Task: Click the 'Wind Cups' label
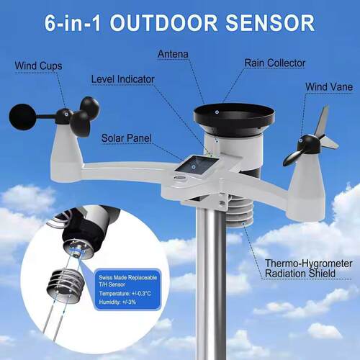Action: click(x=38, y=66)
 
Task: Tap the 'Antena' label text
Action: click(x=173, y=54)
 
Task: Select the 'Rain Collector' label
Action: click(x=275, y=63)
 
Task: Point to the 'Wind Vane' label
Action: click(x=329, y=86)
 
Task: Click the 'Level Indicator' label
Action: click(x=122, y=79)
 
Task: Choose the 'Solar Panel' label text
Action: click(x=126, y=138)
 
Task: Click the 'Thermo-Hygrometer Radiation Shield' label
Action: click(x=308, y=269)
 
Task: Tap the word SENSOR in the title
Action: click(x=270, y=23)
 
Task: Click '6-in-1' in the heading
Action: click(x=73, y=23)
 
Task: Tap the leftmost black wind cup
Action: click(x=22, y=117)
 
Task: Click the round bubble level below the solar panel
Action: click(x=180, y=178)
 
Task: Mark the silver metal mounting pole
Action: click(x=212, y=283)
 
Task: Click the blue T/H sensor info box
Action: click(x=127, y=289)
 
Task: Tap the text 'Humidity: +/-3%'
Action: click(x=117, y=302)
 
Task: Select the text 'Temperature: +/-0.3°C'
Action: click(x=125, y=293)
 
